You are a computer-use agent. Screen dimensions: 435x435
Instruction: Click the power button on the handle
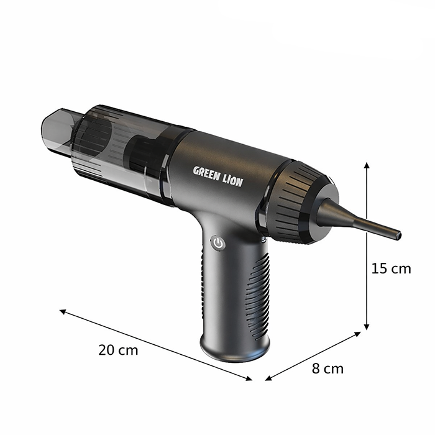pos(217,243)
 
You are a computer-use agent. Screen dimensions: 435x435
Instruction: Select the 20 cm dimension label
pos(118,349)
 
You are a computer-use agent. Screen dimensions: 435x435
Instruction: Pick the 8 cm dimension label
pos(327,369)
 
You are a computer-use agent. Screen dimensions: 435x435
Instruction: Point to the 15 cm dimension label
pos(391,268)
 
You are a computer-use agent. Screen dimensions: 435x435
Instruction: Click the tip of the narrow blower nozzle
pos(398,236)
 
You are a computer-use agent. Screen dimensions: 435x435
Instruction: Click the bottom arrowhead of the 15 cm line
pos(367,327)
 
